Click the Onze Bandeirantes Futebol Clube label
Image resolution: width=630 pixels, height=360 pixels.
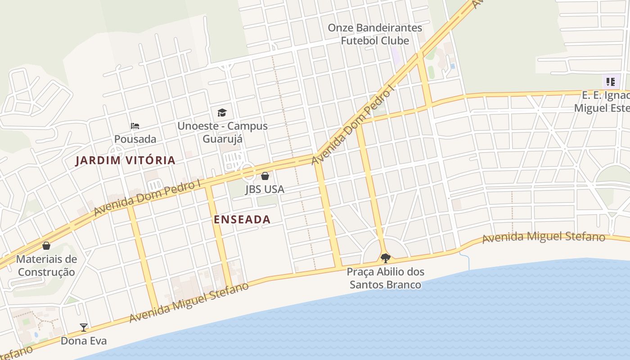pyautogui.click(x=375, y=34)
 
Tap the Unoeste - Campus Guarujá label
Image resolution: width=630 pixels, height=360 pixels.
pyautogui.click(x=222, y=132)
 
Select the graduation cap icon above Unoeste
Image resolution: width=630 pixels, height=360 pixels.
pyautogui.click(x=222, y=112)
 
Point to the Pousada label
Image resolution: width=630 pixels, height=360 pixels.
pyautogui.click(x=135, y=139)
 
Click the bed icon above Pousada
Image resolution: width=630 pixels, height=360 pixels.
pyautogui.click(x=135, y=126)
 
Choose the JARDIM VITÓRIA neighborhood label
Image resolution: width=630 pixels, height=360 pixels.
pyautogui.click(x=125, y=160)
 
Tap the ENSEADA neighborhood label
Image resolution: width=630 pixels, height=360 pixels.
pyautogui.click(x=242, y=220)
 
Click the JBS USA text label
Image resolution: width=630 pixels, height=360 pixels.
pyautogui.click(x=265, y=189)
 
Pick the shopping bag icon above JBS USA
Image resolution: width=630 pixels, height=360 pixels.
pyautogui.click(x=265, y=176)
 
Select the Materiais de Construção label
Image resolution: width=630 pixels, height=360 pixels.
pyautogui.click(x=46, y=265)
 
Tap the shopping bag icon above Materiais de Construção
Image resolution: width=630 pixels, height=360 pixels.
pyautogui.click(x=46, y=246)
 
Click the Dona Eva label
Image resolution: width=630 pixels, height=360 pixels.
pyautogui.click(x=84, y=341)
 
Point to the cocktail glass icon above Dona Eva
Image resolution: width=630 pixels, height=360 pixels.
pyautogui.click(x=84, y=328)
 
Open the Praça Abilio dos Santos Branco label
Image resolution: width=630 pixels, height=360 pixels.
pyautogui.click(x=386, y=278)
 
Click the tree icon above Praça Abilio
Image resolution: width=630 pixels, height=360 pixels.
pyautogui.click(x=385, y=258)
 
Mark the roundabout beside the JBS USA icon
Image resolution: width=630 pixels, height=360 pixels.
pyautogui.click(x=247, y=171)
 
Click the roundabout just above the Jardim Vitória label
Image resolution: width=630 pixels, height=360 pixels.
pyautogui.click(x=116, y=151)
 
